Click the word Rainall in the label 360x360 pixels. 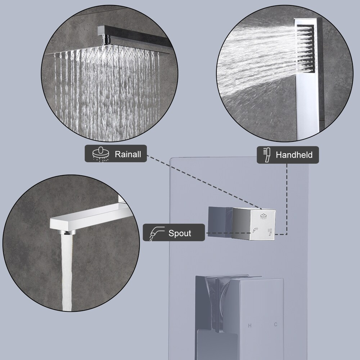(x=128, y=154)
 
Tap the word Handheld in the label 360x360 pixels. (x=294, y=155)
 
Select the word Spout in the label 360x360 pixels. (x=180, y=233)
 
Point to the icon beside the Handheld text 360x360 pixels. (x=267, y=155)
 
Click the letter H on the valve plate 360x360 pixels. (x=249, y=326)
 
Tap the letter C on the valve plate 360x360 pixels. (x=275, y=324)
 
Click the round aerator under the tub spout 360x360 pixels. (x=66, y=232)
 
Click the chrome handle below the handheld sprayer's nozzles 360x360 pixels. (x=306, y=104)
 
